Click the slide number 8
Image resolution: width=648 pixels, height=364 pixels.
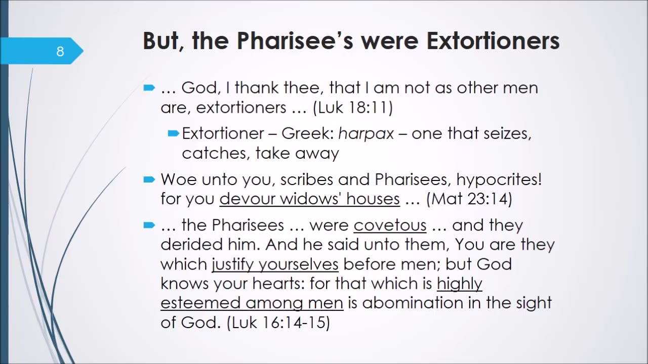(60, 52)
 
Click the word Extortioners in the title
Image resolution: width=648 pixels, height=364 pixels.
(493, 41)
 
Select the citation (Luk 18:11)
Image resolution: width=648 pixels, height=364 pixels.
(353, 108)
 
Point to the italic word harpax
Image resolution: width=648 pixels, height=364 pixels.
(366, 134)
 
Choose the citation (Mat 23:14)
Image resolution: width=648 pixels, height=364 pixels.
(469, 199)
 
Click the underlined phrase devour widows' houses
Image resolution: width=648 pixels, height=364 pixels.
(309, 199)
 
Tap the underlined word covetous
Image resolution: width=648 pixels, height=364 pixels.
(390, 225)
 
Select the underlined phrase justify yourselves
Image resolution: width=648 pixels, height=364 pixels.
(275, 264)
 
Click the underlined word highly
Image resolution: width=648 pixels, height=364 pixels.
(459, 284)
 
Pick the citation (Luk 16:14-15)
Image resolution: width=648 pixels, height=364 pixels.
(278, 323)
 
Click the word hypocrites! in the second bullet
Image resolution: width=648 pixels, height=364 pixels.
(499, 180)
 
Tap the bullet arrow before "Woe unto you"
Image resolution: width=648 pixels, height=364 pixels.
(149, 180)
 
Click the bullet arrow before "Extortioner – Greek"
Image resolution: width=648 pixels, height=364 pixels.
(174, 133)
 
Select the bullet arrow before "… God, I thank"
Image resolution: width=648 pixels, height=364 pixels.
(149, 87)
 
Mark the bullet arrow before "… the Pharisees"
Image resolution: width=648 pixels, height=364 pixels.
(149, 225)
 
